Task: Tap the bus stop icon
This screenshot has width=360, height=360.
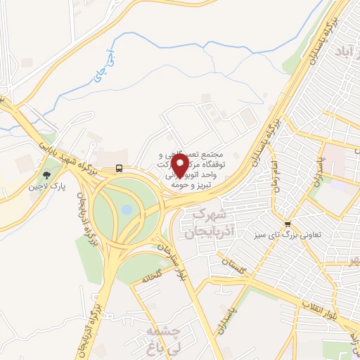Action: (x=119, y=168)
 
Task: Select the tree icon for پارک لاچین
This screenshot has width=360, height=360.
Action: (x=46, y=175)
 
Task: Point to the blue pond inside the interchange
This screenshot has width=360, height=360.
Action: (x=127, y=210)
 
